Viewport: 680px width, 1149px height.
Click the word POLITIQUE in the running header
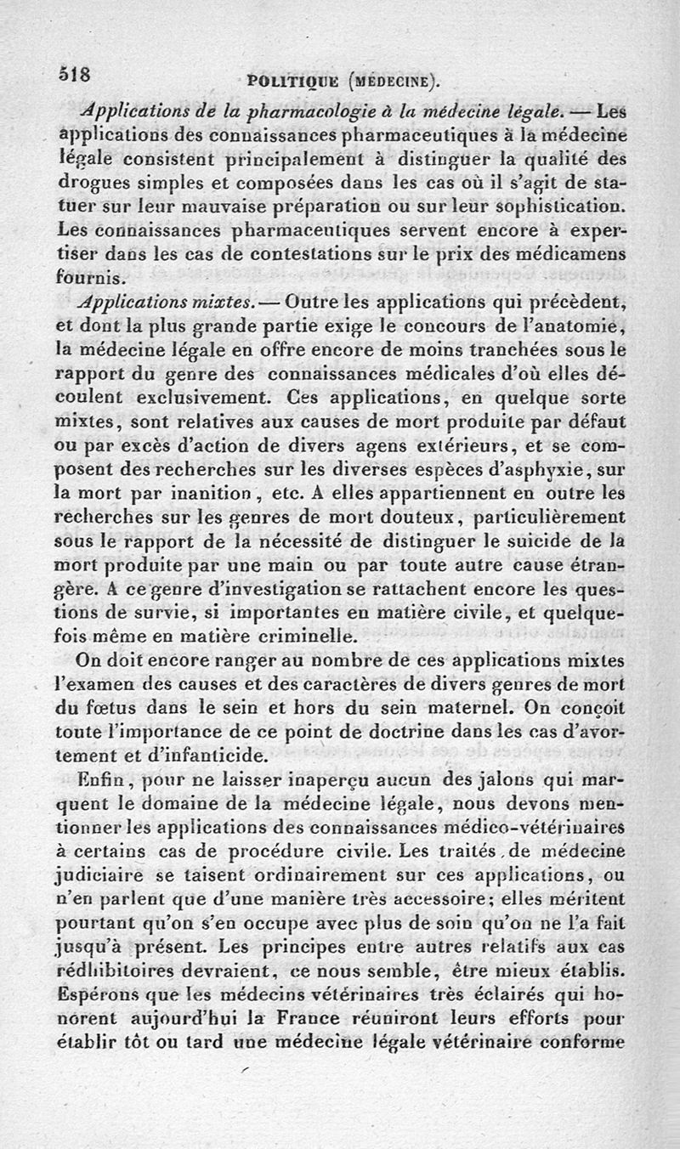288,82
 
